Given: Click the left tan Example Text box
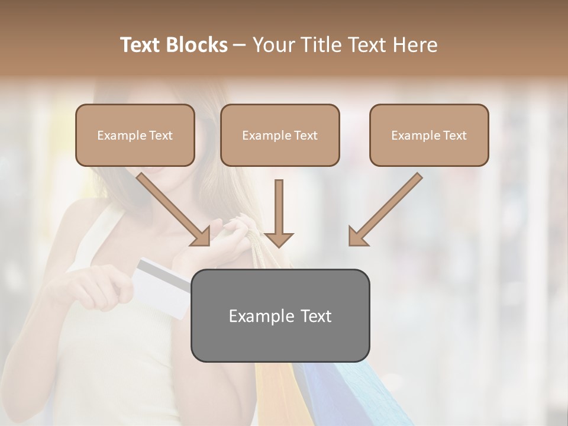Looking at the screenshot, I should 135,135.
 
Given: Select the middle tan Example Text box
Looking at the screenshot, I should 280,135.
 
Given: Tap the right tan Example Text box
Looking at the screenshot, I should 429,135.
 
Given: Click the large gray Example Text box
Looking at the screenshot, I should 280,315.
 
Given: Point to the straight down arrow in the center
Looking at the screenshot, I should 279,213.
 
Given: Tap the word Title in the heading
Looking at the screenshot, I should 323,45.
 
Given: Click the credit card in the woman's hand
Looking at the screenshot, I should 163,287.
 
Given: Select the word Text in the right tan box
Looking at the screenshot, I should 454,135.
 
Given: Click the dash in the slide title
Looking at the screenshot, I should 240,45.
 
